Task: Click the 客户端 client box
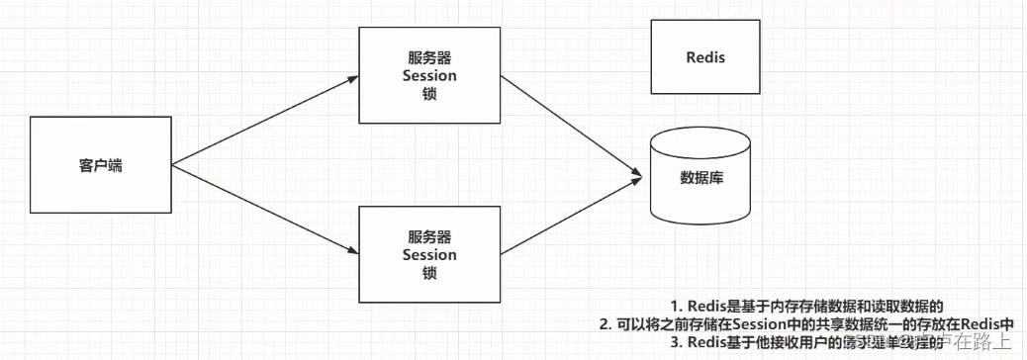pyautogui.click(x=100, y=166)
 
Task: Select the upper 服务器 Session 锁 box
pyautogui.click(x=429, y=74)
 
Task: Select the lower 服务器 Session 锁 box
pyautogui.click(x=429, y=254)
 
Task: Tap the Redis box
pyautogui.click(x=705, y=56)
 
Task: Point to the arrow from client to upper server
pyautogui.click(x=262, y=117)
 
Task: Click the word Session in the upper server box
pyautogui.click(x=429, y=75)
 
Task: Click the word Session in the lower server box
pyautogui.click(x=429, y=255)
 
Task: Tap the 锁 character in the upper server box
pyautogui.click(x=429, y=94)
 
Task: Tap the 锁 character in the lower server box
pyautogui.click(x=429, y=273)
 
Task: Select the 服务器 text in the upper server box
pyautogui.click(x=429, y=56)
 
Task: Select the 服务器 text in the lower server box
pyautogui.click(x=429, y=236)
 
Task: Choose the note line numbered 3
pyautogui.click(x=806, y=342)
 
